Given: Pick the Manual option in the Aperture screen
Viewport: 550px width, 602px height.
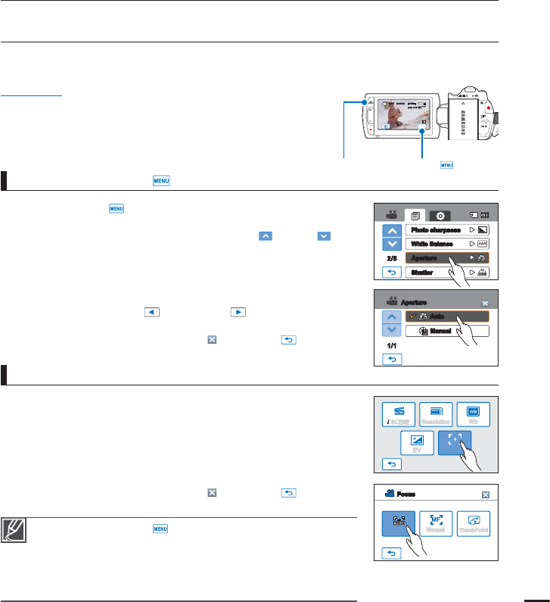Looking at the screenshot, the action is (x=446, y=331).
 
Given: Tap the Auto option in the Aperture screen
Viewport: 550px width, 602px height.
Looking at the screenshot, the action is (x=446, y=317).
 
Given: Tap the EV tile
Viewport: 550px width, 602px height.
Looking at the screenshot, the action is (x=418, y=442).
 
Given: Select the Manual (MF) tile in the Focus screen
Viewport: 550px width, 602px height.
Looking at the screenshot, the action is (x=435, y=523).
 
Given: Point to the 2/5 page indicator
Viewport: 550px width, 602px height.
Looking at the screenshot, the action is (x=390, y=257).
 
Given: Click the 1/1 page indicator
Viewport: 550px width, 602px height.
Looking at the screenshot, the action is (x=390, y=345).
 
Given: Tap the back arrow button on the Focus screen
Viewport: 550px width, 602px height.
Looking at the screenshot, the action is (x=390, y=554).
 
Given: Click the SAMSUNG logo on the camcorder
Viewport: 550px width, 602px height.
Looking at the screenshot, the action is (x=461, y=117).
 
